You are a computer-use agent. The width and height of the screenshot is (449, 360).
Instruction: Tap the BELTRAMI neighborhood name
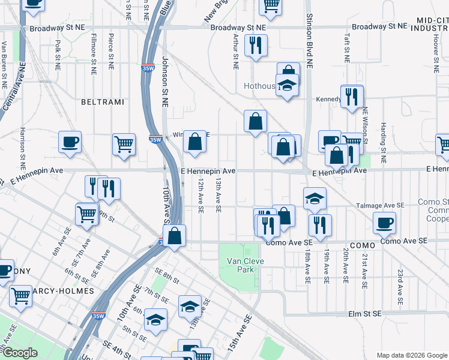tap(102, 103)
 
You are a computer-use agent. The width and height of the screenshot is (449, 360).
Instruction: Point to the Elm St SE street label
tap(365, 314)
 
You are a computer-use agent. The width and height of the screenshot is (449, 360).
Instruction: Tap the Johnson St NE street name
tap(165, 82)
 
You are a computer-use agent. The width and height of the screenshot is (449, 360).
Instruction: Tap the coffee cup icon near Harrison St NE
tap(70, 143)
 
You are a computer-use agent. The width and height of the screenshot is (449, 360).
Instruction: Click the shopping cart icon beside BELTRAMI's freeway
tap(124, 144)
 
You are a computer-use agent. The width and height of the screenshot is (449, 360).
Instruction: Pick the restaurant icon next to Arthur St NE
tap(256, 45)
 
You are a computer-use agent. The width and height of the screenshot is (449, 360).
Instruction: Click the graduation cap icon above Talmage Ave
tap(315, 199)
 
